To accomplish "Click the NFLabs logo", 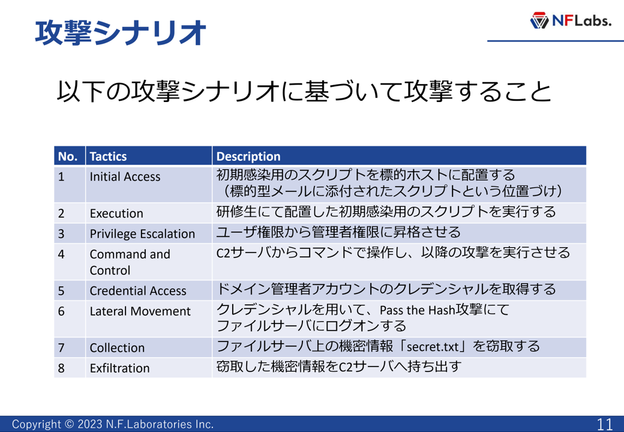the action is [x=570, y=20].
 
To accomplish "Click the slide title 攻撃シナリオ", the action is [x=121, y=32].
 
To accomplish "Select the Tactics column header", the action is [x=148, y=156].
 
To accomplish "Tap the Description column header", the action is [x=399, y=156].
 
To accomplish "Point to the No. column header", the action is [x=70, y=156].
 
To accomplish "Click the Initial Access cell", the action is [x=148, y=184].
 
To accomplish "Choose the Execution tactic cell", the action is [x=148, y=213].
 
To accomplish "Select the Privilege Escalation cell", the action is [x=148, y=233].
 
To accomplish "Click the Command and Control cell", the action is [x=148, y=262].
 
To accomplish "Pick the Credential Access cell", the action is [x=148, y=290].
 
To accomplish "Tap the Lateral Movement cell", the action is [x=148, y=319].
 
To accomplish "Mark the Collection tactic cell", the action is [x=148, y=347].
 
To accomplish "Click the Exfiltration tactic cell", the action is [x=148, y=368].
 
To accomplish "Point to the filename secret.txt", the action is [x=433, y=347].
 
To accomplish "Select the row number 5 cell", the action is [x=70, y=290].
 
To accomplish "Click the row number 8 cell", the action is [x=70, y=368].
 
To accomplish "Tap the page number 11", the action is [x=605, y=424].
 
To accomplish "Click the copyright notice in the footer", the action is [x=113, y=424].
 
